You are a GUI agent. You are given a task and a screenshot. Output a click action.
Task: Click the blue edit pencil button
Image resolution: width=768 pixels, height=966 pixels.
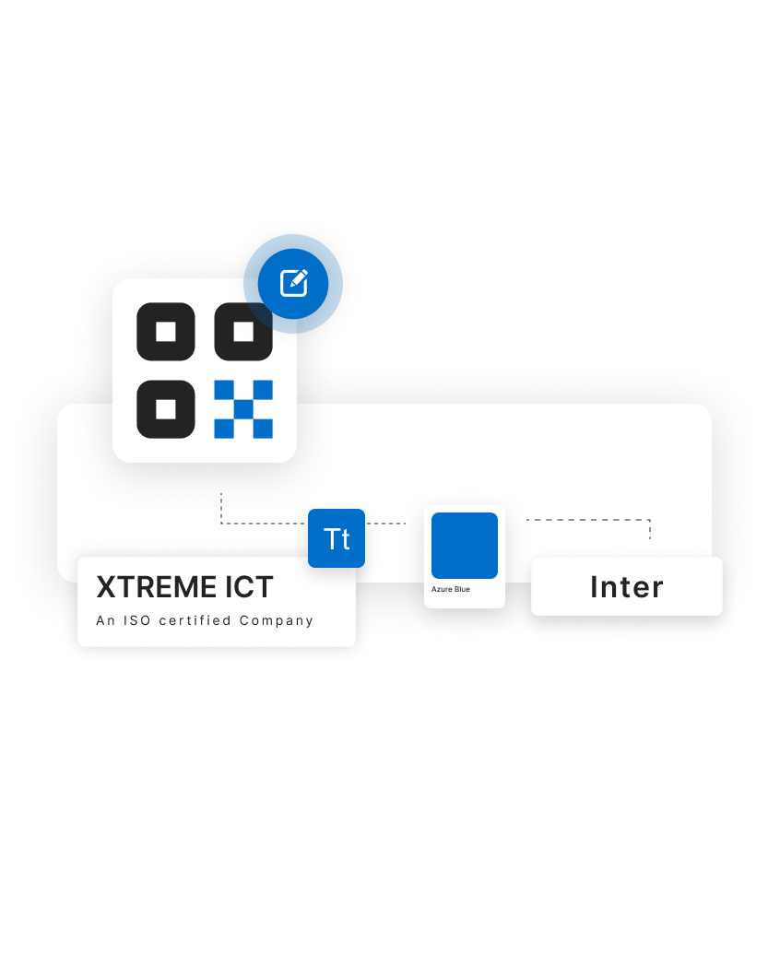tap(293, 282)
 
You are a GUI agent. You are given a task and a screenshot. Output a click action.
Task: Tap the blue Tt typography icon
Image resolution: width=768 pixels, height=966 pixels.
tap(337, 538)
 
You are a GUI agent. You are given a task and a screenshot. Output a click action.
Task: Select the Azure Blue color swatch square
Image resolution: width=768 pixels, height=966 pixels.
tap(465, 546)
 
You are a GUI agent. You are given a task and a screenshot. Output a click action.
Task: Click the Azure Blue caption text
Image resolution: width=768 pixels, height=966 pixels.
tap(450, 589)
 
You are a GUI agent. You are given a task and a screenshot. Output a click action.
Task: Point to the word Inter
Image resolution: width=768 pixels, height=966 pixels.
tap(627, 587)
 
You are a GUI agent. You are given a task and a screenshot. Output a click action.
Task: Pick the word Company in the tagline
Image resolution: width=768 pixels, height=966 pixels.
tap(277, 620)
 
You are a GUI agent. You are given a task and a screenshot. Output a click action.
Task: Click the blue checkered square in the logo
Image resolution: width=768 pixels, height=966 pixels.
tap(243, 409)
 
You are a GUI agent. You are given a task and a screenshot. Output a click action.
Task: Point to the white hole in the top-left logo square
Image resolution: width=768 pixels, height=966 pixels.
tap(166, 332)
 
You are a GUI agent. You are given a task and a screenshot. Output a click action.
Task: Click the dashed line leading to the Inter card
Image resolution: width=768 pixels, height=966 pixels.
tap(590, 520)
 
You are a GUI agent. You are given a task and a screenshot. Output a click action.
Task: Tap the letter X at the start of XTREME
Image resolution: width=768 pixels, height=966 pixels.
tap(105, 587)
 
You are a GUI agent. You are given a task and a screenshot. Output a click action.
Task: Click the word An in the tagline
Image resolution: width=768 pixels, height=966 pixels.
tap(106, 620)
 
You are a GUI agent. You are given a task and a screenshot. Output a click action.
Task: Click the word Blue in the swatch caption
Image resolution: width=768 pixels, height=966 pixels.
tap(462, 589)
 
